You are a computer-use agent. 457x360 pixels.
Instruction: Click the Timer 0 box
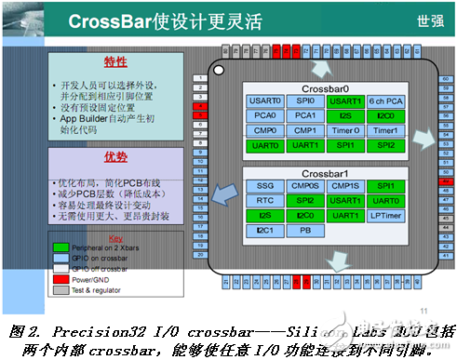pos(346,130)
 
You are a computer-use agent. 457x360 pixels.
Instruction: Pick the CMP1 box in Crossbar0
pos(306,130)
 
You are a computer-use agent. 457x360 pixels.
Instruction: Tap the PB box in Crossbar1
pos(306,230)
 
